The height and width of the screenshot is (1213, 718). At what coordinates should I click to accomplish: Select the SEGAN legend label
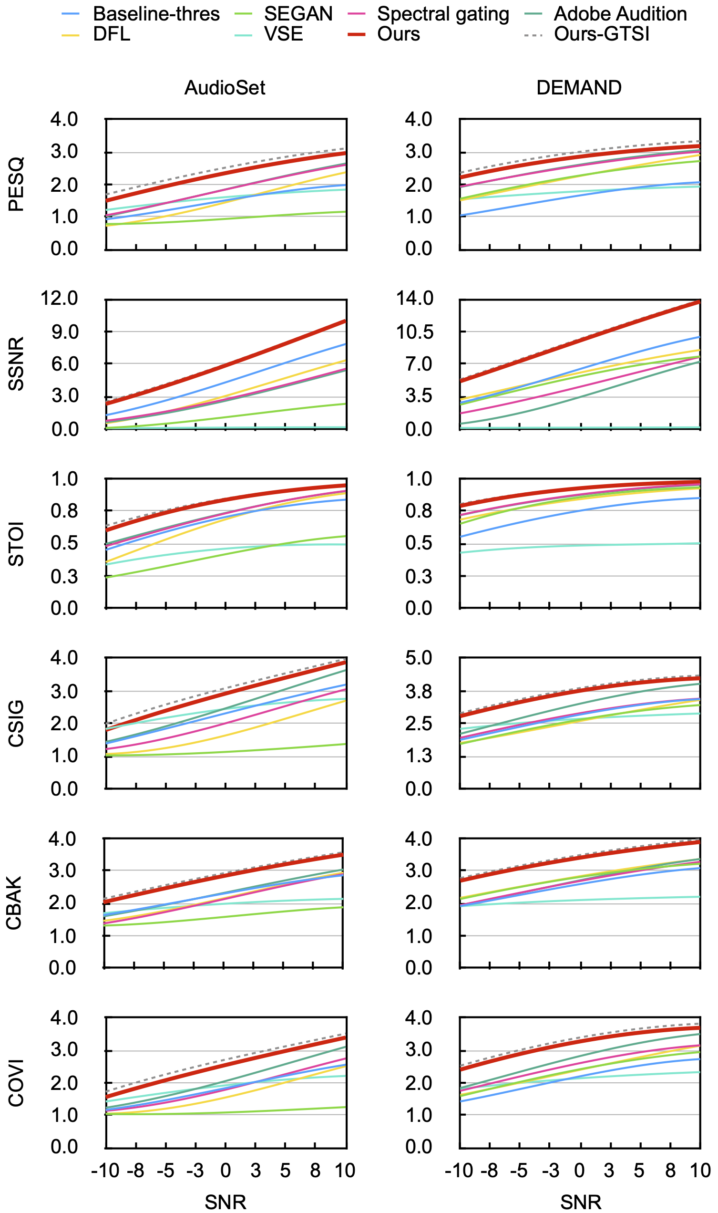coord(298,14)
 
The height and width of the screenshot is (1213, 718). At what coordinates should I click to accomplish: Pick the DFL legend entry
coord(112,34)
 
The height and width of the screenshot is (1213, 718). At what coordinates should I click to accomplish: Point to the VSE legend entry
coord(284,34)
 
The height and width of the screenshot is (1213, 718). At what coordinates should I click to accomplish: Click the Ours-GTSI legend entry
coord(601,34)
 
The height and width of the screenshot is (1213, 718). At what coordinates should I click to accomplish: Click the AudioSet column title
coord(225,88)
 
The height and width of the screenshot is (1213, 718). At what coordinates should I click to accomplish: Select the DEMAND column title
coord(579,88)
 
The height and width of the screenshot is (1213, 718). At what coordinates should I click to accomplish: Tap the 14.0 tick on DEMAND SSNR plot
coord(415,298)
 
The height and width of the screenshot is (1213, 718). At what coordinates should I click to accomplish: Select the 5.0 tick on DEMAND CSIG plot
coord(419,658)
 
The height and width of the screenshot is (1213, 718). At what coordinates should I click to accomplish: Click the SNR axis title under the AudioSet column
coord(226,1202)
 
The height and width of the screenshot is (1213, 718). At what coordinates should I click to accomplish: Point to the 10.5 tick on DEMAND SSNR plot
coord(415,332)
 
